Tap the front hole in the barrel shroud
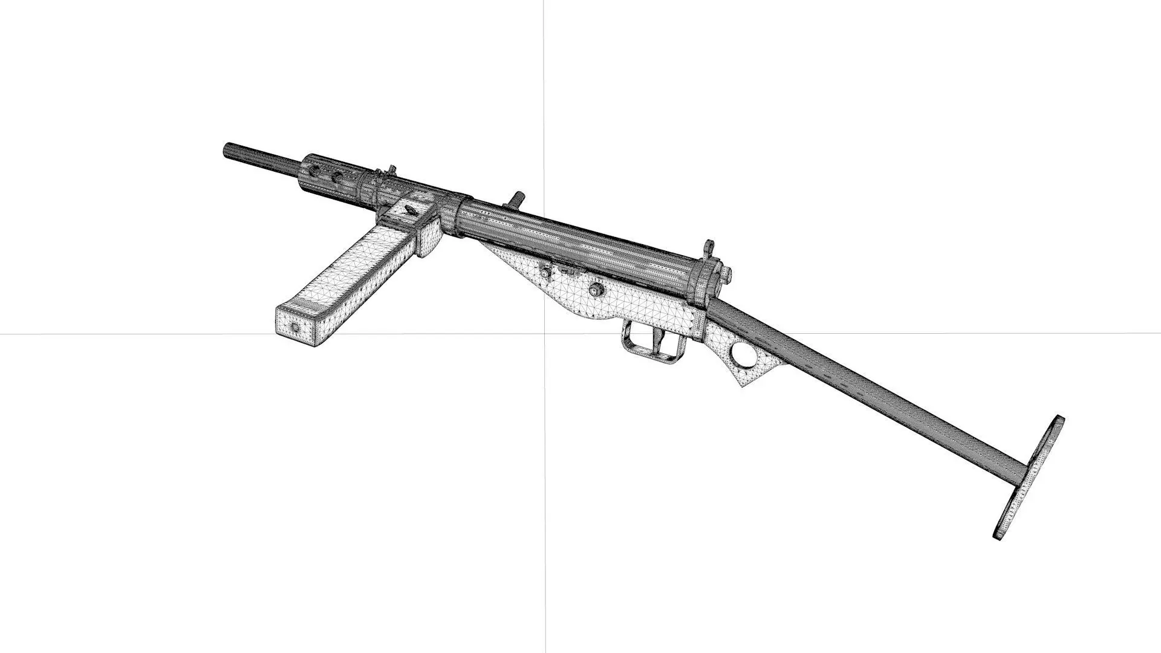(x=314, y=170)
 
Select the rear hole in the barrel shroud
(x=336, y=177)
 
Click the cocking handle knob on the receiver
(x=517, y=198)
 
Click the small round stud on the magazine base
(x=295, y=327)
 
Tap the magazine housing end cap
(x=429, y=236)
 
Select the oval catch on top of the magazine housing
(x=409, y=209)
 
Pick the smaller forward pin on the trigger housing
(x=547, y=272)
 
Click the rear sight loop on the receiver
(x=707, y=248)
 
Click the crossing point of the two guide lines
(x=544, y=333)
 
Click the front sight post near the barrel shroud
(x=391, y=170)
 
